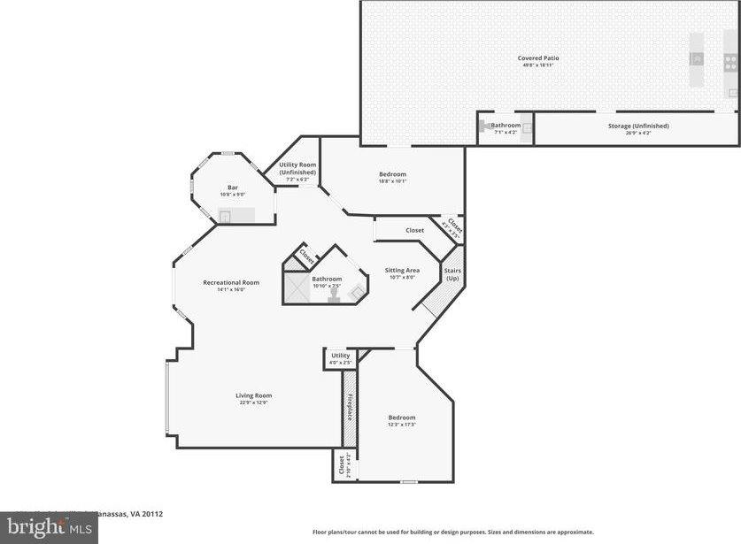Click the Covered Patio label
(x=538, y=58)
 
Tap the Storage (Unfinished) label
(x=638, y=126)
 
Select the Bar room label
(x=233, y=187)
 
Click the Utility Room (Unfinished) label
(x=297, y=168)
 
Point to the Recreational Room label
(x=231, y=282)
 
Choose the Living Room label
(x=253, y=395)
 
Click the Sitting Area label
(x=402, y=270)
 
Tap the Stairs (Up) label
(x=452, y=273)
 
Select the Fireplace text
(x=350, y=408)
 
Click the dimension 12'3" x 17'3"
(x=402, y=425)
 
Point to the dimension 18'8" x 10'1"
(x=392, y=182)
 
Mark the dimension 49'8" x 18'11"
(x=538, y=65)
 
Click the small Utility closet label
(x=341, y=356)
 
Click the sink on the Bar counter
(x=225, y=215)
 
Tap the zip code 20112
(x=152, y=513)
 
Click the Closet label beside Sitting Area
(x=415, y=230)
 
